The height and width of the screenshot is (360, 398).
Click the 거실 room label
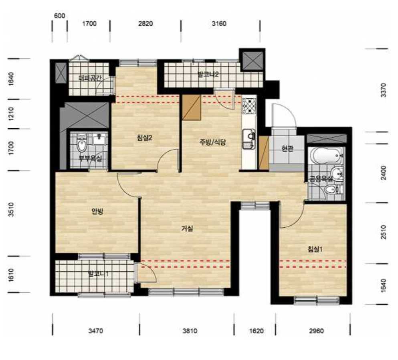(187, 229)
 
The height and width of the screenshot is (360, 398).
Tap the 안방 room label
(97, 211)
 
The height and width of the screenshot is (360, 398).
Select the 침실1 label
(315, 249)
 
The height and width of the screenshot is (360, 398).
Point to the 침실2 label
(144, 138)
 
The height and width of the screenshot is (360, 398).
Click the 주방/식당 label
(212, 142)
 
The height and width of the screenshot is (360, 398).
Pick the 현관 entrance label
(287, 148)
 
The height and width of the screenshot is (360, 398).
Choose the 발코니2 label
(208, 75)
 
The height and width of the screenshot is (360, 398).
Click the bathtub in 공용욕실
(326, 155)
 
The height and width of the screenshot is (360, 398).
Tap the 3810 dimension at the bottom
(190, 331)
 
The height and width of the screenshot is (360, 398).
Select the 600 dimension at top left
(59, 16)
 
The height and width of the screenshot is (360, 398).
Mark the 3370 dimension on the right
(384, 90)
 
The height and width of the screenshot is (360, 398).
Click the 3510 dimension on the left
(11, 209)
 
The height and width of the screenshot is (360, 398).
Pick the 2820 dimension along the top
(145, 24)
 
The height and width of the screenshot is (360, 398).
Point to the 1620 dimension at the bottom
(257, 331)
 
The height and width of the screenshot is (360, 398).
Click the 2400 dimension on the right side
(384, 173)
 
